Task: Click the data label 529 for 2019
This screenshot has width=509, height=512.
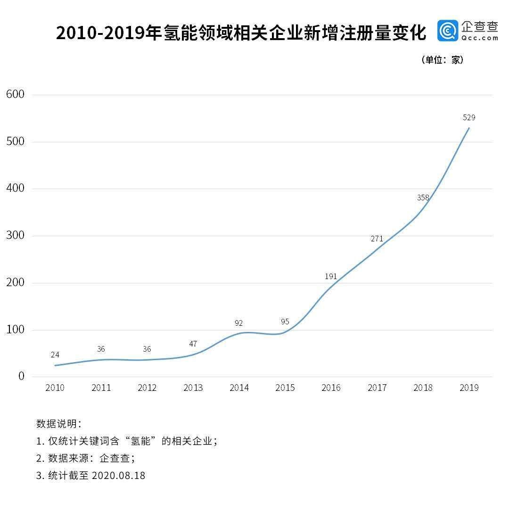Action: (469, 117)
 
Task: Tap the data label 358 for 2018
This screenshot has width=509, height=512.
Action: (423, 198)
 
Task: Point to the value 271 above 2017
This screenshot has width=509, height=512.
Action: (377, 239)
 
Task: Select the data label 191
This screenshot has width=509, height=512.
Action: (331, 277)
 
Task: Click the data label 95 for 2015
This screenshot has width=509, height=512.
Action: (285, 322)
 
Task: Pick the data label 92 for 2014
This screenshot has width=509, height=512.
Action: (239, 323)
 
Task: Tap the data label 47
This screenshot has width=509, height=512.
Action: (193, 344)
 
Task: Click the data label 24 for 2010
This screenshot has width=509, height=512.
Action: (55, 355)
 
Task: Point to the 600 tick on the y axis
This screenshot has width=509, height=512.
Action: (15, 94)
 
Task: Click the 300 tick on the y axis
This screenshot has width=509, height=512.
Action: (15, 235)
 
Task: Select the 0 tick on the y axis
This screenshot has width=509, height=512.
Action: (21, 376)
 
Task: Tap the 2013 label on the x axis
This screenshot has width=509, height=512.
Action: (193, 388)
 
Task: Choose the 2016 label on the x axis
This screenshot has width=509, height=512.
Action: (331, 388)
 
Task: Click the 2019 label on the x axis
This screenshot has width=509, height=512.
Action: (469, 388)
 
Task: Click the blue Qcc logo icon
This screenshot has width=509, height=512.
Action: (447, 31)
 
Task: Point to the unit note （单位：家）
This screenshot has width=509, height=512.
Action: (442, 60)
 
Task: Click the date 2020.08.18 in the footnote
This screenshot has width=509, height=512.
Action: (118, 476)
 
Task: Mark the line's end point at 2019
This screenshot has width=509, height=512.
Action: (469, 128)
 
